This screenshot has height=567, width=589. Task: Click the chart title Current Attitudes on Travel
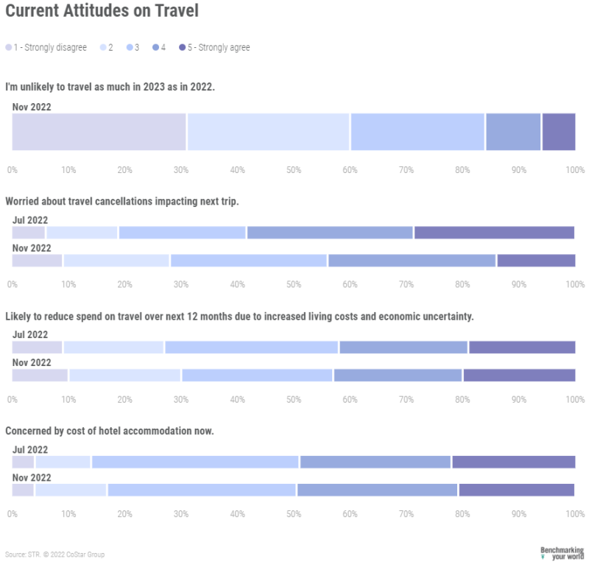(101, 12)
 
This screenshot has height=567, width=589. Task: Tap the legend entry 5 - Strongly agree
(218, 48)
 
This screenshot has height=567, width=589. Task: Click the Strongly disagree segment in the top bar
(99, 132)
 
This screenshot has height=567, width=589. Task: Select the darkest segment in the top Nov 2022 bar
(559, 132)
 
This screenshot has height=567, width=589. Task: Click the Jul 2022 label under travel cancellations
(30, 219)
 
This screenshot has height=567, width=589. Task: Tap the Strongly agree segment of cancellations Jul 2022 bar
(494, 233)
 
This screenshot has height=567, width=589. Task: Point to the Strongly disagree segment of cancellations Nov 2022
(37, 261)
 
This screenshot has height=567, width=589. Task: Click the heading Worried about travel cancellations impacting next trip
(122, 201)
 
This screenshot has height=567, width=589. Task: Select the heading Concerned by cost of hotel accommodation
(110, 431)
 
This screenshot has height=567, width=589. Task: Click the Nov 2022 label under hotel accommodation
(32, 477)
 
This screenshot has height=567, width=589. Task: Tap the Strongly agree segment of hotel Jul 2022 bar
(513, 462)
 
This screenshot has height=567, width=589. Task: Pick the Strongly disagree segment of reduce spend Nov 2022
(40, 376)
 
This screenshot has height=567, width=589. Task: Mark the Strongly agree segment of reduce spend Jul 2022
(522, 348)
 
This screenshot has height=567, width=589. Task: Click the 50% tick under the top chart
(294, 170)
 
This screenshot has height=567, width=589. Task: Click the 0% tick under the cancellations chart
(13, 284)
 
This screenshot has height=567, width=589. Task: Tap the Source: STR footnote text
(54, 554)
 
